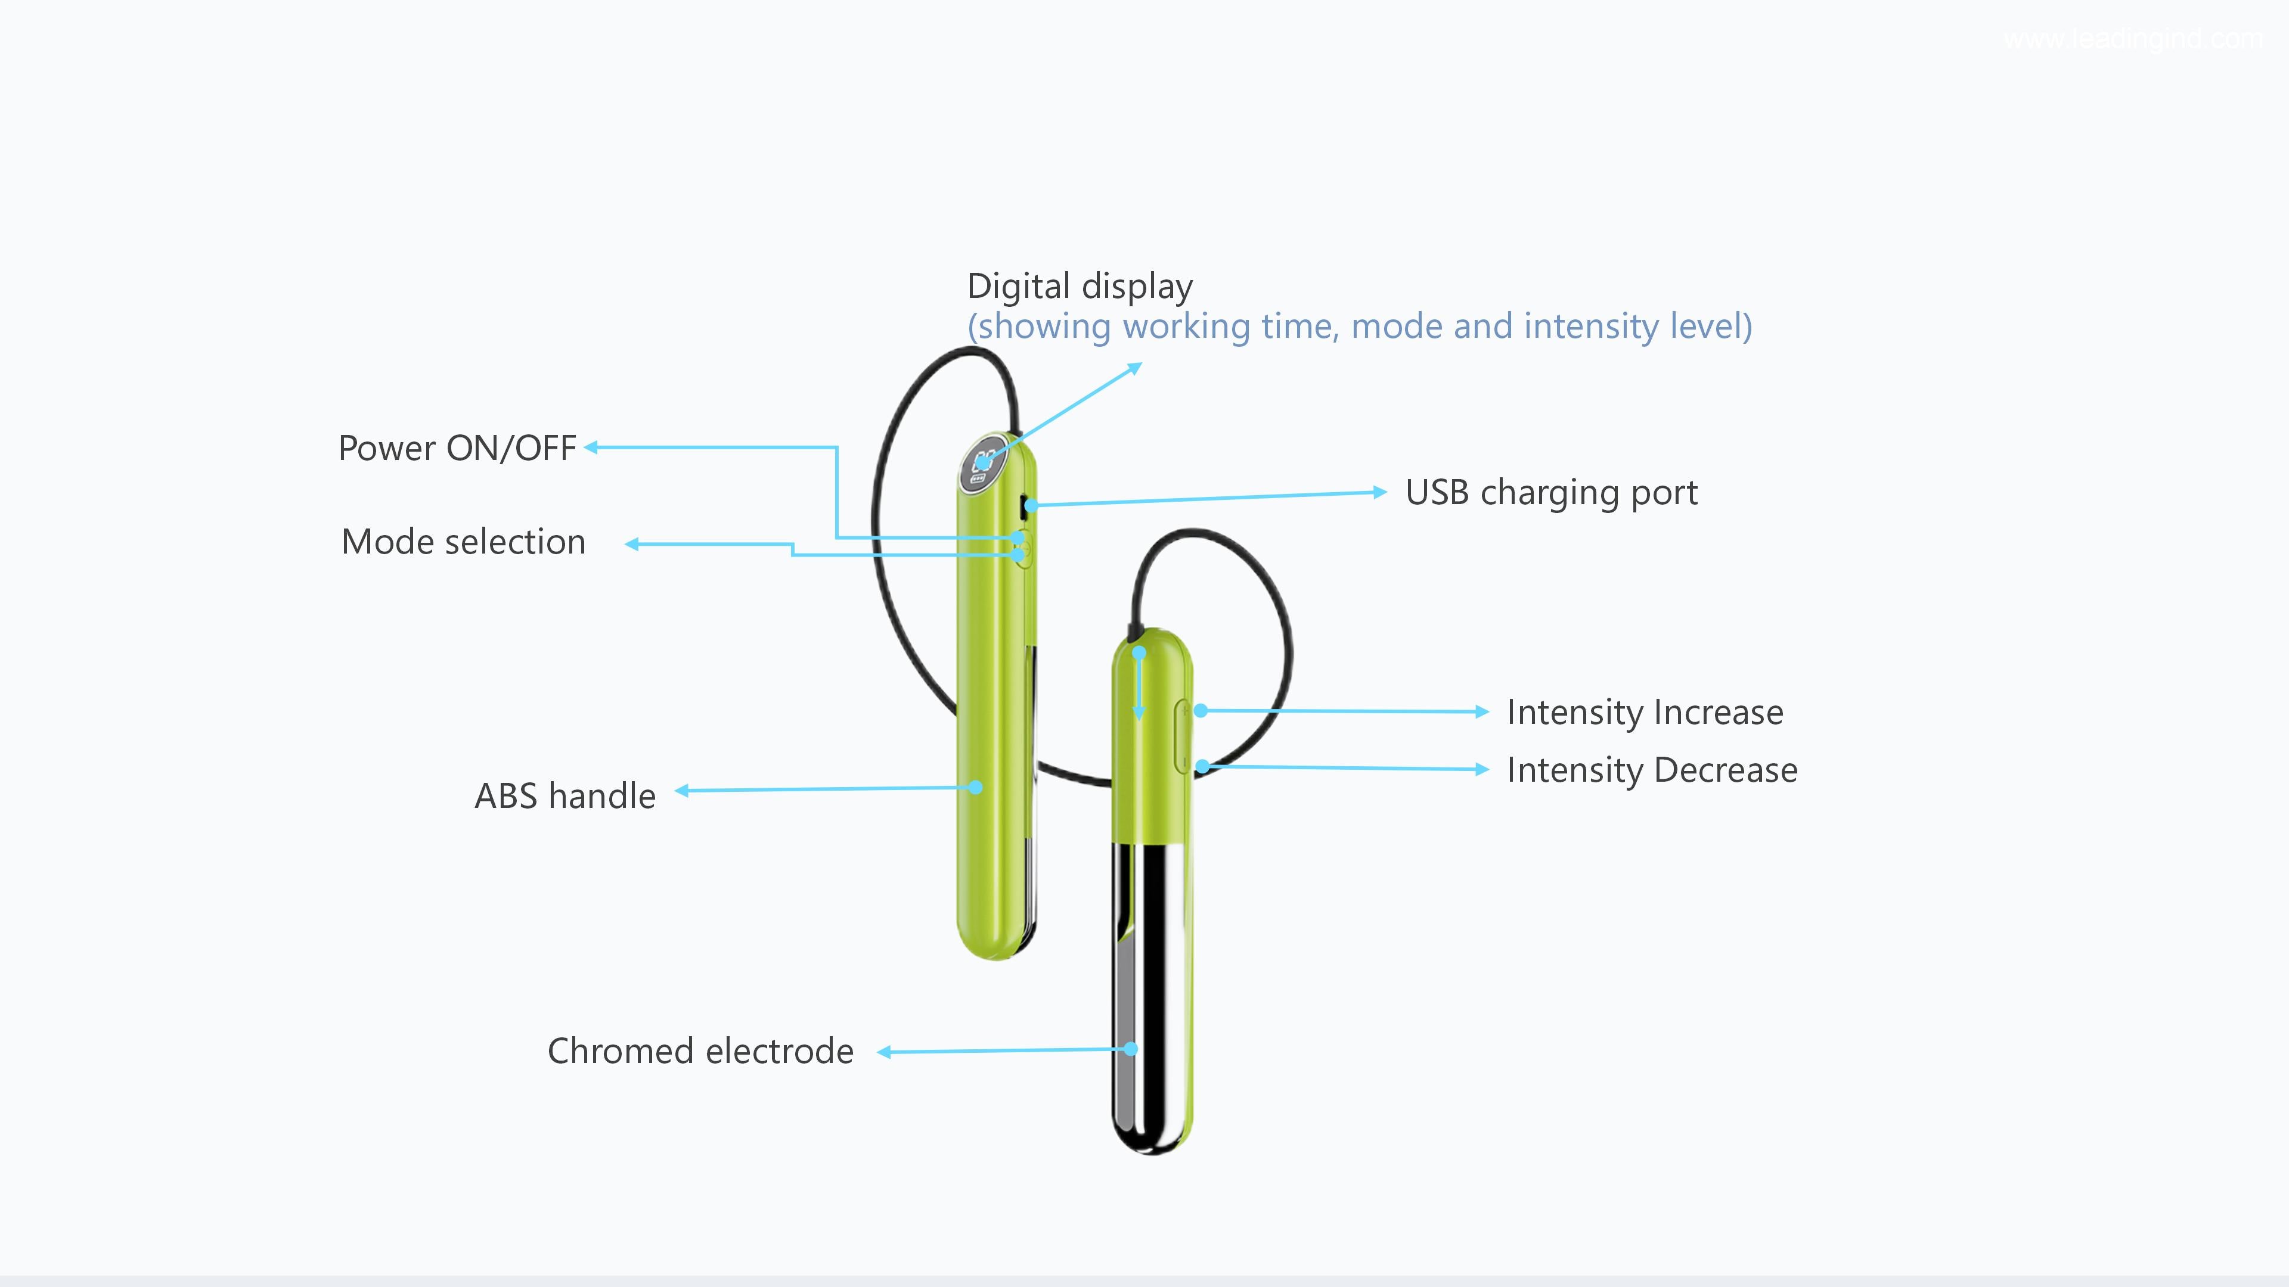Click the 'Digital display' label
pyautogui.click(x=1079, y=287)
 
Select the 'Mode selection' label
pyautogui.click(x=463, y=542)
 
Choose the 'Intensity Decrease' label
pyautogui.click(x=1651, y=770)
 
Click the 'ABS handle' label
pyautogui.click(x=565, y=797)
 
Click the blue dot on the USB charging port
pyautogui.click(x=1031, y=505)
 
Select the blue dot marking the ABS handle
pyautogui.click(x=976, y=787)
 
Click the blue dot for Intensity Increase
pyautogui.click(x=1201, y=711)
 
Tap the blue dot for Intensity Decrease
pyautogui.click(x=1202, y=766)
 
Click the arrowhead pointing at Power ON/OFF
pyautogui.click(x=591, y=447)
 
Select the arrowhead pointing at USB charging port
pyautogui.click(x=1379, y=492)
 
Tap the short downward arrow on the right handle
pyautogui.click(x=1139, y=684)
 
